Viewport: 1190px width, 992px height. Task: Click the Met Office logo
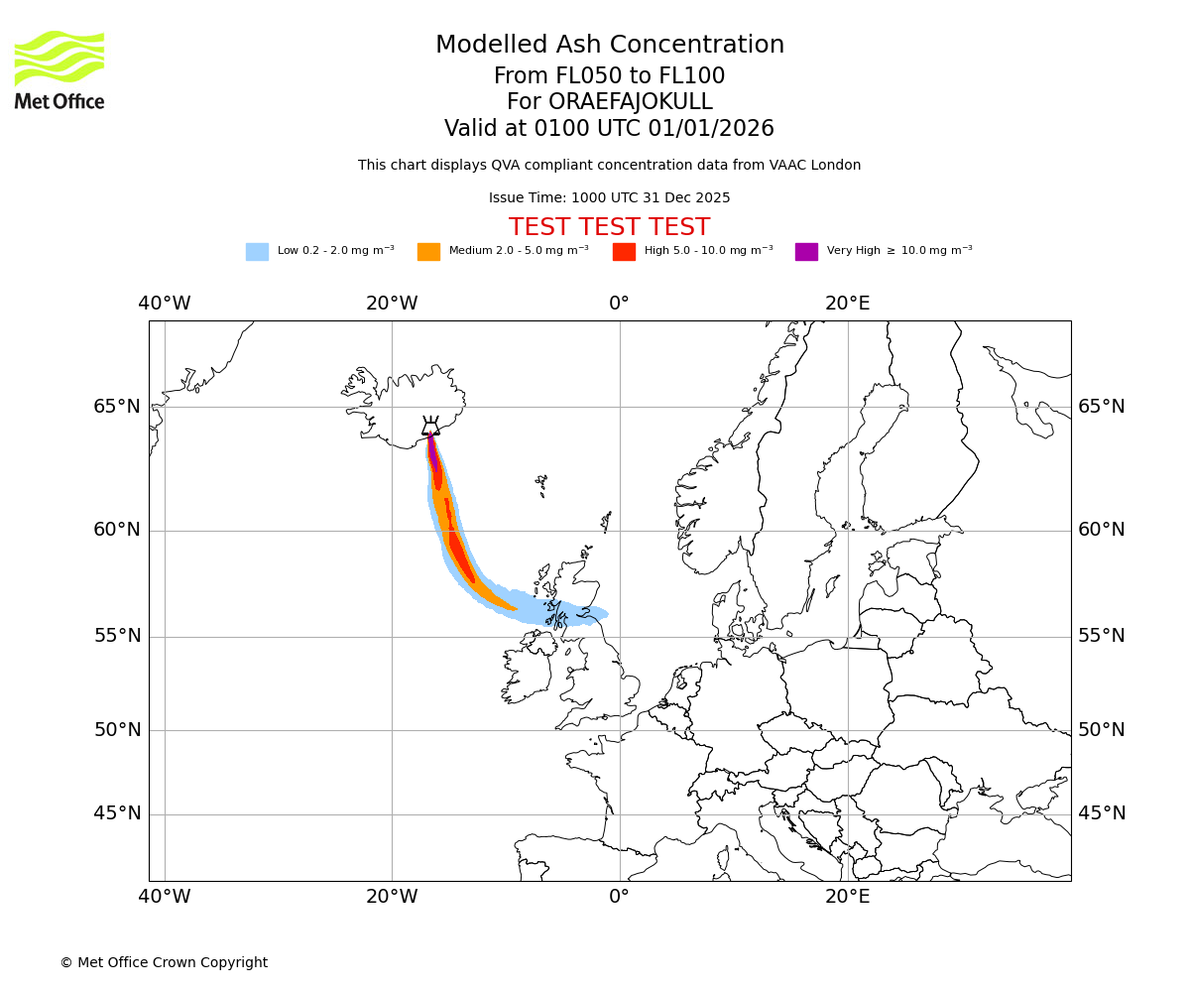(59, 69)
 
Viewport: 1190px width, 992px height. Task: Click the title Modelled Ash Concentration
(609, 46)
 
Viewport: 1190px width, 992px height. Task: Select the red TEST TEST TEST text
(609, 227)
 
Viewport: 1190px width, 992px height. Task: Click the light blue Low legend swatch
(257, 252)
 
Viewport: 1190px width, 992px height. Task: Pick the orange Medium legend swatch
(428, 252)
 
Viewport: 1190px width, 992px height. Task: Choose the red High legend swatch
(624, 252)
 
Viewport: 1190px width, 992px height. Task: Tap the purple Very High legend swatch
(806, 252)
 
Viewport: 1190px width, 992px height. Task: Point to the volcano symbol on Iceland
(430, 427)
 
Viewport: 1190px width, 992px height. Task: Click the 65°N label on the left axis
(117, 407)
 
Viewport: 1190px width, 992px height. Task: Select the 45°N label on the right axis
(1102, 813)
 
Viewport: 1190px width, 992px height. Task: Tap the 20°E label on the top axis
(848, 304)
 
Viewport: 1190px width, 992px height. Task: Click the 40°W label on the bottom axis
(165, 898)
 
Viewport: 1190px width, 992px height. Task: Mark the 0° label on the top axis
(619, 304)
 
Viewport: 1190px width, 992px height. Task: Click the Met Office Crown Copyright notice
(164, 962)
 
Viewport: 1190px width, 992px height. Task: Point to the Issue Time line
(609, 198)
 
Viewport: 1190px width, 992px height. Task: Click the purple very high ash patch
(432, 452)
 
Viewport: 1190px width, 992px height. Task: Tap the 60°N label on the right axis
(1102, 530)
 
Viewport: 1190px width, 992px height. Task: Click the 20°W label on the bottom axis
(392, 898)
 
